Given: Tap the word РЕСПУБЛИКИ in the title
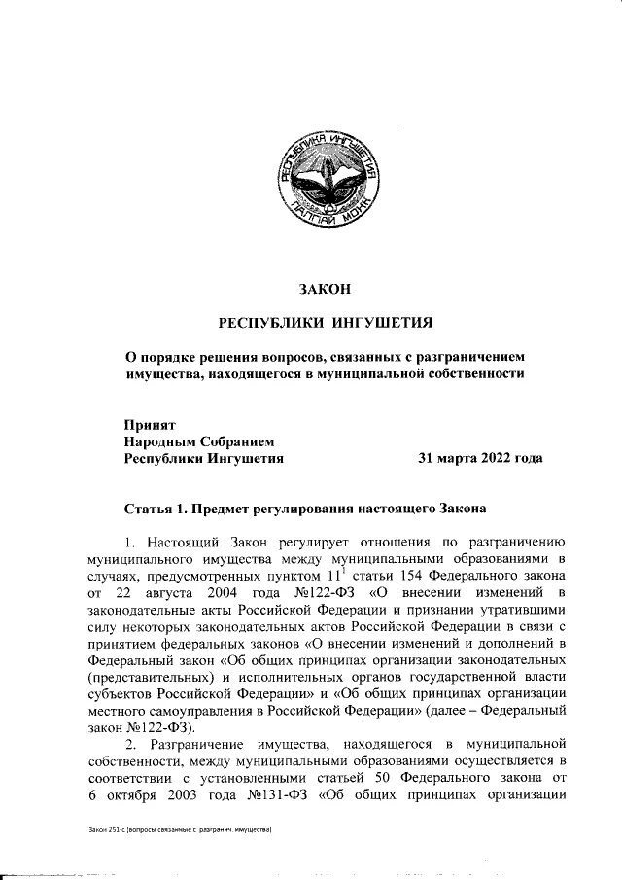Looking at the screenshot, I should [270, 323].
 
